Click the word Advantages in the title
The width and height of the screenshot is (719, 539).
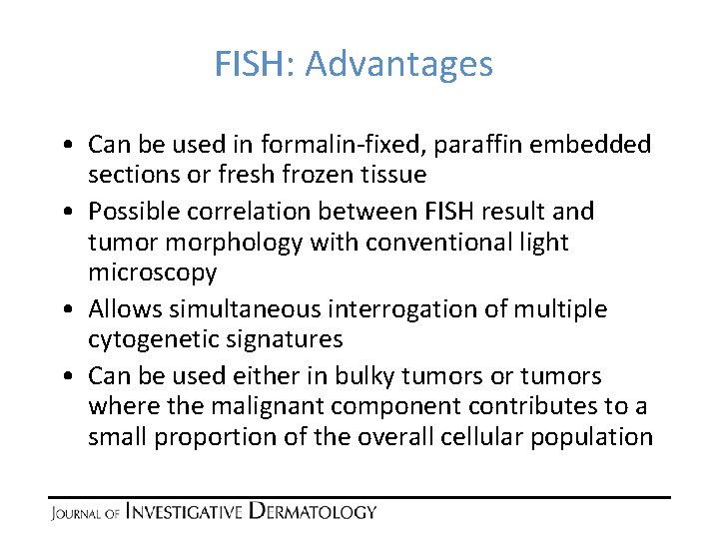click(x=398, y=65)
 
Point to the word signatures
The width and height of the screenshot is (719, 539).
click(x=285, y=339)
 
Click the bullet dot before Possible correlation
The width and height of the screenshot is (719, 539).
click(x=63, y=213)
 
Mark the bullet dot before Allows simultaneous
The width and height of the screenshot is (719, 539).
click(x=63, y=310)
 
